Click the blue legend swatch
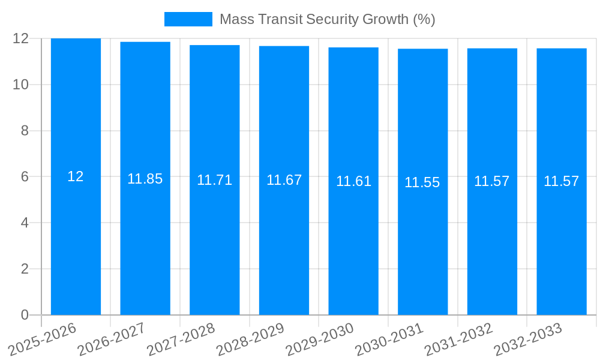point(188,19)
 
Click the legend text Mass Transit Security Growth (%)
point(327,19)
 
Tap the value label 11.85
point(145,179)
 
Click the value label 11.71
point(214,180)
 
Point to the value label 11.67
point(284,180)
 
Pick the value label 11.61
point(353,181)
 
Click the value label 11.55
point(422,182)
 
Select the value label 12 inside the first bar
point(76,176)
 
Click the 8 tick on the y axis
point(25,131)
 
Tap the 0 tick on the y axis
point(25,315)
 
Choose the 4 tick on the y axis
point(25,223)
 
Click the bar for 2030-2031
point(422,252)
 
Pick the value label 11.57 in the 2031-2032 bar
point(491,181)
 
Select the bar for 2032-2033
point(562,252)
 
